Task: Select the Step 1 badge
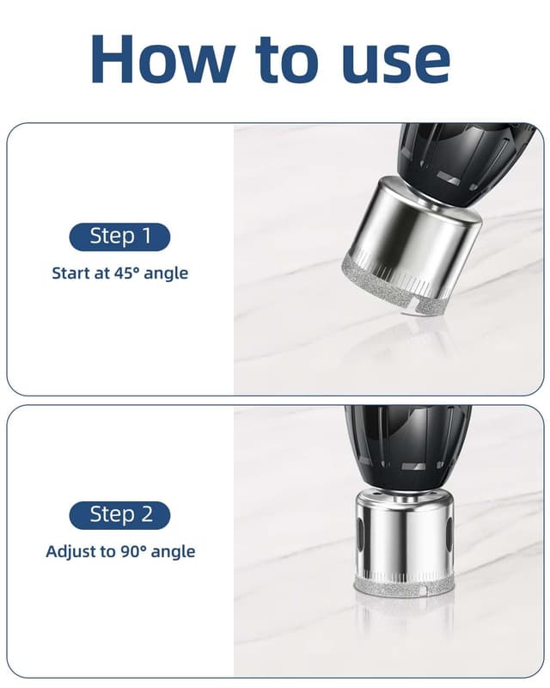click(x=119, y=237)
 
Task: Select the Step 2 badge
click(x=119, y=515)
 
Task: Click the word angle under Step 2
click(x=173, y=553)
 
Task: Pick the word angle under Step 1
click(x=166, y=274)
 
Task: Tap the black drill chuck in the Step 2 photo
click(x=408, y=447)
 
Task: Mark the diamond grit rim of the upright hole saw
click(x=404, y=589)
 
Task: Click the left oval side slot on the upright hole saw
click(x=361, y=533)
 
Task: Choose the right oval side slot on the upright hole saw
click(x=449, y=533)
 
